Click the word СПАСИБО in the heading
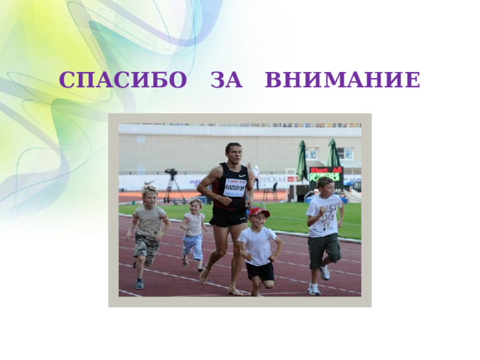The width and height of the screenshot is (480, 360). (122, 79)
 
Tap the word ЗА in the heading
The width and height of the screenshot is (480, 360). (226, 79)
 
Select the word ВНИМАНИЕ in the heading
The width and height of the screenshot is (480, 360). (343, 79)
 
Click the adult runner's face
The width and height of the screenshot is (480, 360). (233, 153)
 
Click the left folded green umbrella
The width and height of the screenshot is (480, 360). (301, 160)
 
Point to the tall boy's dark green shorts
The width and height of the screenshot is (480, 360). (323, 248)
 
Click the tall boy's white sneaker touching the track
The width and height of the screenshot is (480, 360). (313, 289)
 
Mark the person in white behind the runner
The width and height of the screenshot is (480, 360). (254, 176)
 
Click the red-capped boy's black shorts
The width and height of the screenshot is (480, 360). (259, 271)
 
